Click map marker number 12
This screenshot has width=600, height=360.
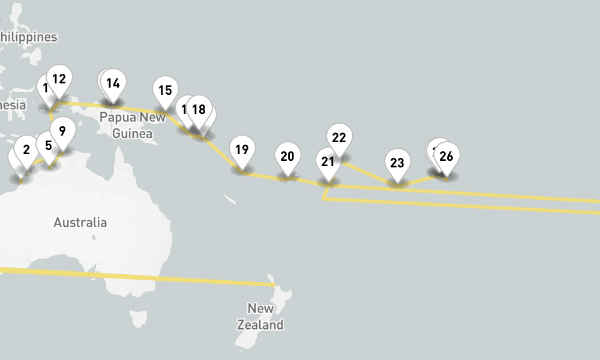(59, 79)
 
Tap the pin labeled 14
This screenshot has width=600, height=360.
(113, 83)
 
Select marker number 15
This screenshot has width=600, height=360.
(165, 91)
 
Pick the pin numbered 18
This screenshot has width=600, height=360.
(199, 110)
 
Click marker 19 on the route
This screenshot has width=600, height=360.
(242, 150)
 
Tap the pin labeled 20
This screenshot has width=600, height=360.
(287, 157)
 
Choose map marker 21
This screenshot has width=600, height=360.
(328, 161)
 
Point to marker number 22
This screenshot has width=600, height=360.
(339, 138)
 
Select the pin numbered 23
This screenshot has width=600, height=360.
(397, 163)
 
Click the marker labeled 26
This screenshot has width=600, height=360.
(446, 157)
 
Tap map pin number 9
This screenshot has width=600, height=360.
(62, 130)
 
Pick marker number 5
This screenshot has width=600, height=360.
(49, 145)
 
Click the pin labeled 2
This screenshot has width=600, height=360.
(26, 150)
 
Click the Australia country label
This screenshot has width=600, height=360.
(80, 223)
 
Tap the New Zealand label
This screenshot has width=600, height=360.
(260, 317)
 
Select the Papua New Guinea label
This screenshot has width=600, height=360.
(133, 125)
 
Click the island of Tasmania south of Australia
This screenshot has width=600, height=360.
(137, 317)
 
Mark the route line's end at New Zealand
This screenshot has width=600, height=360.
(273, 284)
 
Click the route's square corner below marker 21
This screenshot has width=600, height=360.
(325, 199)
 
